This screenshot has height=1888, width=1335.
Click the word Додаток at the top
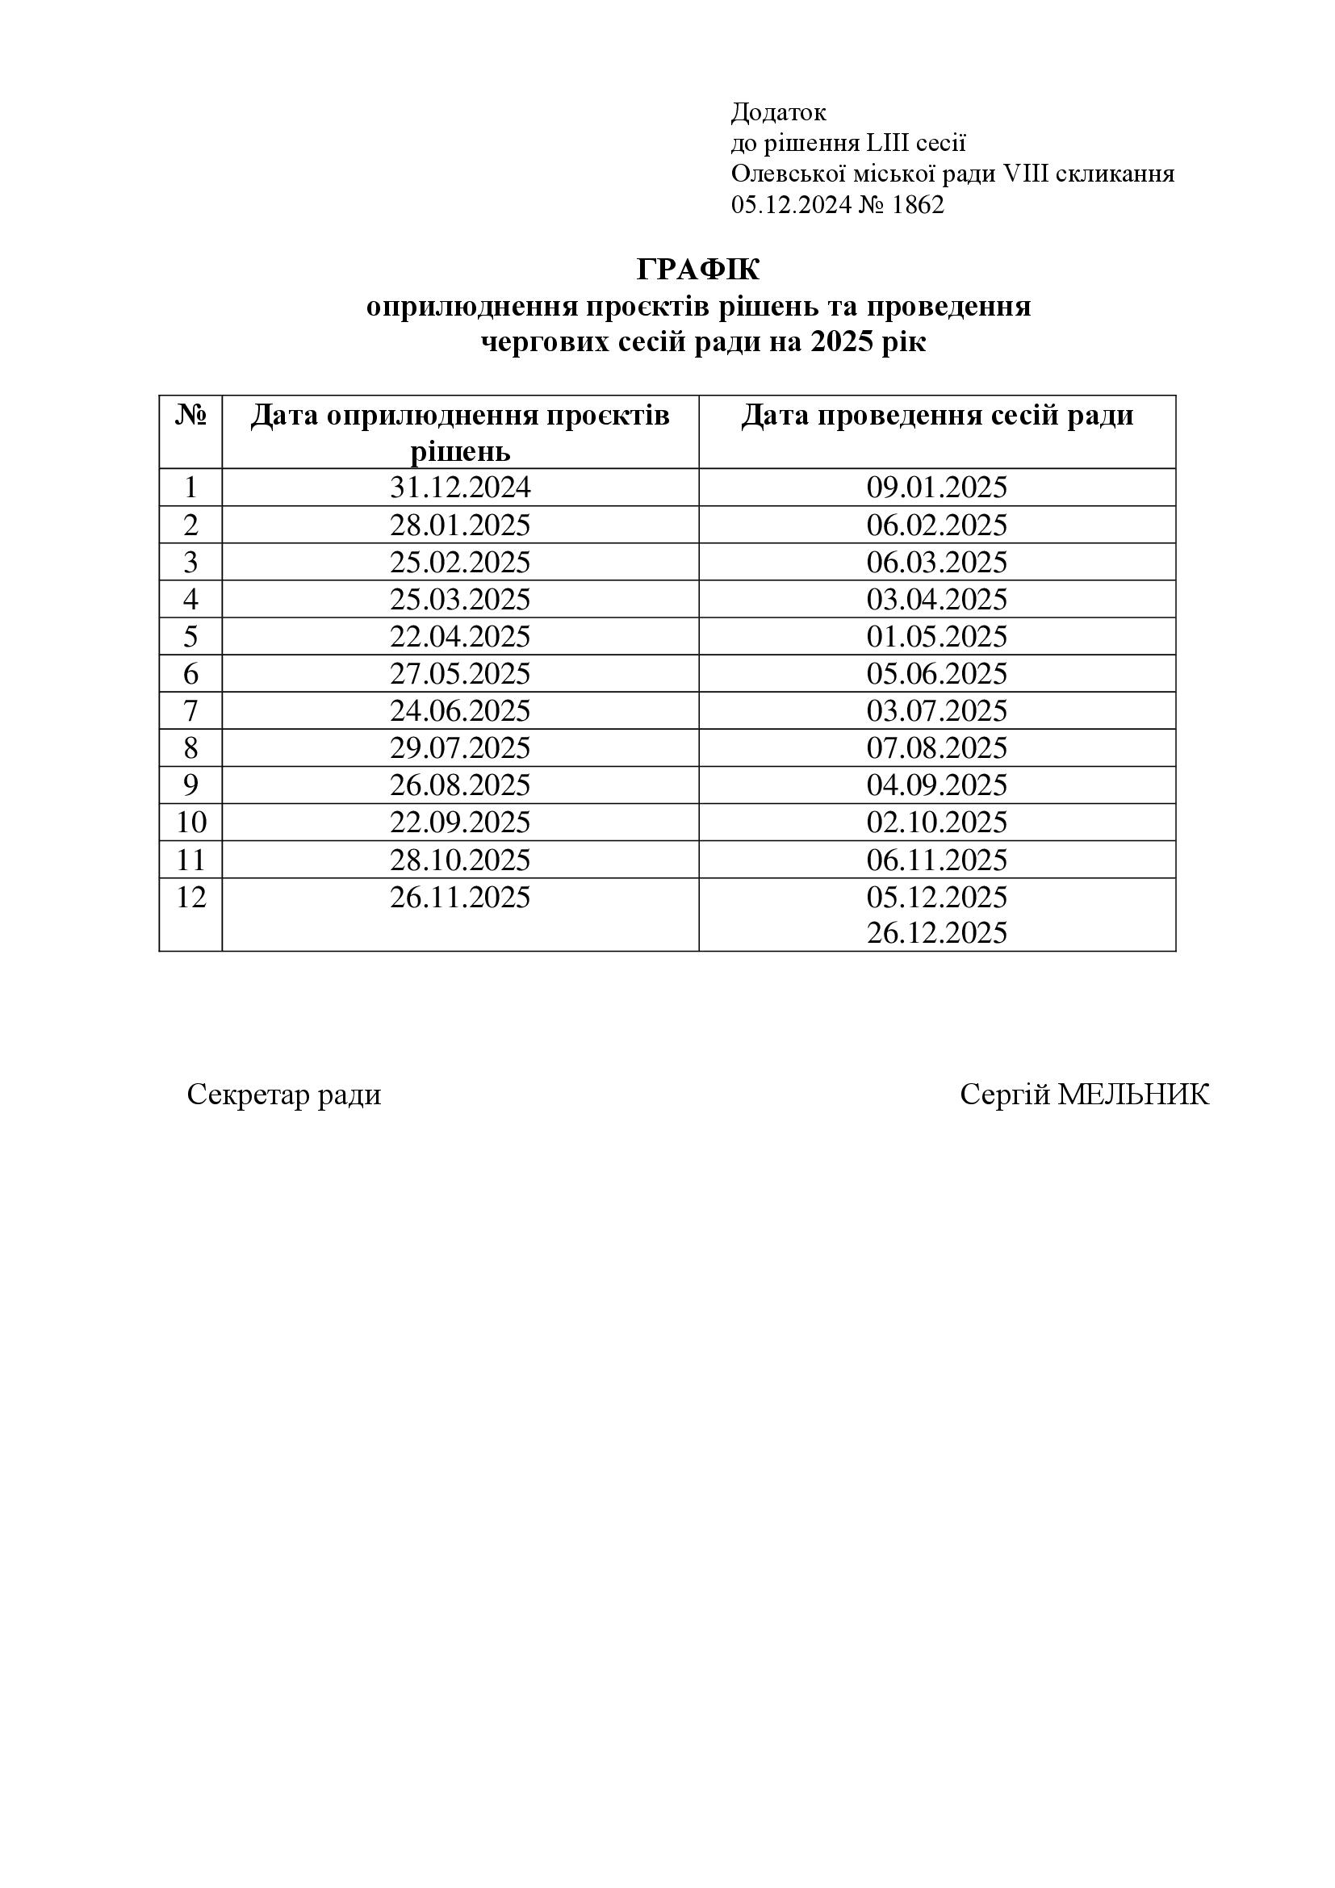(x=777, y=112)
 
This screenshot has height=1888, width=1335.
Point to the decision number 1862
(x=918, y=205)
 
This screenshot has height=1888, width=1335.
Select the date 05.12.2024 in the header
(x=791, y=205)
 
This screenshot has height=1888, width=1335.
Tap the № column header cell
(x=190, y=416)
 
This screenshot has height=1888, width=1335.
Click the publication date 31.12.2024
(x=460, y=488)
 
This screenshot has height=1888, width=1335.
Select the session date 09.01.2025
(x=936, y=488)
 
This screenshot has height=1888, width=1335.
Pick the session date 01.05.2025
(x=936, y=636)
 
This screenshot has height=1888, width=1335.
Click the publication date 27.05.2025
(x=460, y=673)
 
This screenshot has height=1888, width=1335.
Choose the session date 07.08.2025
(x=936, y=747)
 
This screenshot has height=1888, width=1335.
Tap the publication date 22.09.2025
(x=460, y=823)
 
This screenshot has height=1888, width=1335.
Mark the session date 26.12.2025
(x=936, y=932)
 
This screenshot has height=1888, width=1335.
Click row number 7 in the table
(x=190, y=710)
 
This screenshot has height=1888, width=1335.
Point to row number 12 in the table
(x=190, y=896)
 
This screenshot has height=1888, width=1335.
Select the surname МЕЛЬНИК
(x=1132, y=1095)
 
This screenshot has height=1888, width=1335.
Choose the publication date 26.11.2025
(x=460, y=896)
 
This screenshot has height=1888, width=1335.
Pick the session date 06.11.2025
(x=936, y=860)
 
